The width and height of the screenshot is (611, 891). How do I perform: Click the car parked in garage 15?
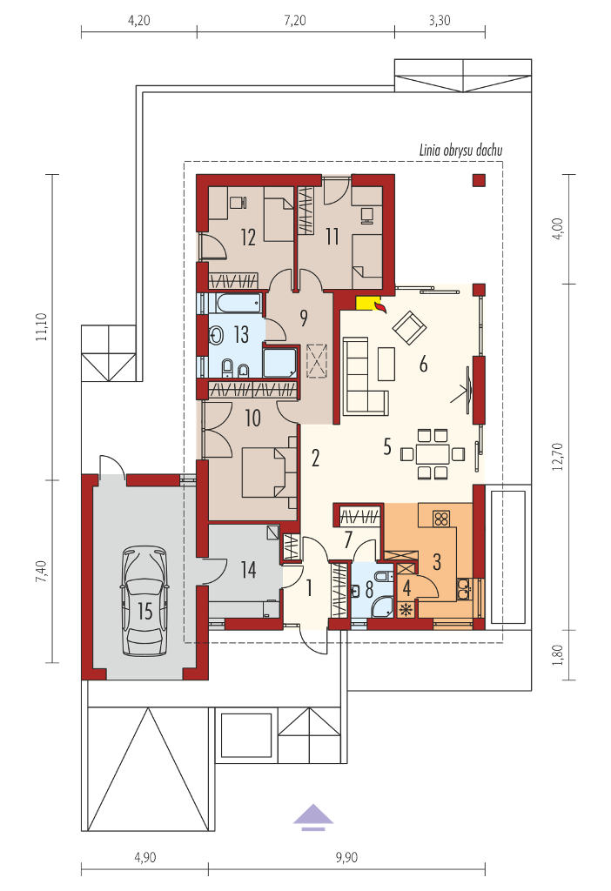[x=144, y=600]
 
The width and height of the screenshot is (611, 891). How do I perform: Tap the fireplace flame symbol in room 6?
[x=379, y=307]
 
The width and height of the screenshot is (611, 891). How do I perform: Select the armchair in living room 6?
[x=409, y=327]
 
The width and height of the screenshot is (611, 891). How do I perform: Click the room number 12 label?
[x=248, y=238]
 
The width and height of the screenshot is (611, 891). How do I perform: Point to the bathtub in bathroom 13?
[x=235, y=303]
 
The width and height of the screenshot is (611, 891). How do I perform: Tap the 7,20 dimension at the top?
[x=295, y=21]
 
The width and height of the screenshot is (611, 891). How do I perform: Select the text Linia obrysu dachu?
[x=460, y=151]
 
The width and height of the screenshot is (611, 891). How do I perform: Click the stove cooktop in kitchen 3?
[x=440, y=518]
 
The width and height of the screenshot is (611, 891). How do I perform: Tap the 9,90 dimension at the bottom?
[x=346, y=857]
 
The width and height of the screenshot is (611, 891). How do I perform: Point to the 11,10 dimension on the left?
[x=42, y=327]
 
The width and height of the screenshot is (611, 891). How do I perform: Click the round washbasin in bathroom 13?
[x=217, y=336]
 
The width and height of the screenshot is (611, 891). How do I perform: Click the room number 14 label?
[x=248, y=570]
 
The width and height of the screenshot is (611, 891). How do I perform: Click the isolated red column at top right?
[x=479, y=181]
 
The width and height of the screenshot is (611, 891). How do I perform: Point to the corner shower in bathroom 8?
[x=381, y=606]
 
